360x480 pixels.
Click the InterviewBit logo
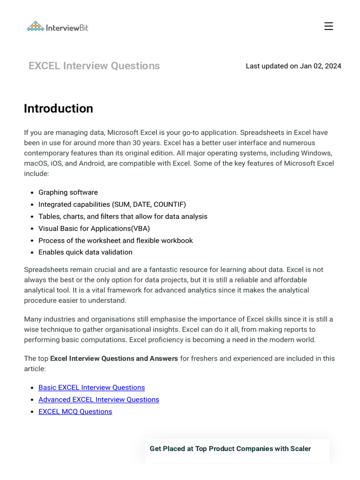click(x=57, y=27)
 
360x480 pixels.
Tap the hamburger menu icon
click(x=329, y=26)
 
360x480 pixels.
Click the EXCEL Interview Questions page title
click(x=94, y=66)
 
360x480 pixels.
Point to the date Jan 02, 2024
click(x=321, y=66)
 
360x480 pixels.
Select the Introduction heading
click(x=59, y=109)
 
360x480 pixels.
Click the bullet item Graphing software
click(x=68, y=193)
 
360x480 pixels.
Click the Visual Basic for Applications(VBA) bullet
click(x=94, y=229)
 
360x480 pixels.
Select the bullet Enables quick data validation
click(x=85, y=253)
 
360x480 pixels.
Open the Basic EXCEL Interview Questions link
click(x=91, y=388)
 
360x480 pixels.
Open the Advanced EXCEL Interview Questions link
click(x=98, y=400)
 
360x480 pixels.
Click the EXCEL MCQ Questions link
click(x=75, y=412)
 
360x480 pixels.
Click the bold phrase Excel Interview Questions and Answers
click(x=114, y=359)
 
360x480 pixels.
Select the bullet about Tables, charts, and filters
click(x=123, y=217)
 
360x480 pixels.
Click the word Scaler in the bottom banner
click(x=300, y=449)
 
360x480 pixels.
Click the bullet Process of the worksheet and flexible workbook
click(x=115, y=241)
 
